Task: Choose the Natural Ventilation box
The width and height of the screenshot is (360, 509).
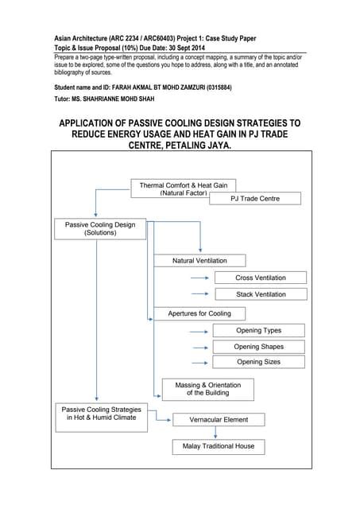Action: point(199,260)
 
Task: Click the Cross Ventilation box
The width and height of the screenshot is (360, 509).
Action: point(260,278)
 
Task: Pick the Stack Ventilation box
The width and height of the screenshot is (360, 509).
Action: point(260,294)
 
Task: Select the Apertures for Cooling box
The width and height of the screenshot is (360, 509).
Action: point(199,313)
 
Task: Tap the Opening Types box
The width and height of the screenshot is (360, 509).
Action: point(258,330)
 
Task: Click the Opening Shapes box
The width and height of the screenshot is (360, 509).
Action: point(258,347)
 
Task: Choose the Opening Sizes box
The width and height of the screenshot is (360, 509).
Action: point(258,362)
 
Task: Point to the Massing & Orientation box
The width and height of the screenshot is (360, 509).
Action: point(207,389)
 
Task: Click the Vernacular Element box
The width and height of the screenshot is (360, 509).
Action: point(219,419)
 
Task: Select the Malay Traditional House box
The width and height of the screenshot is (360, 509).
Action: point(218,446)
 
